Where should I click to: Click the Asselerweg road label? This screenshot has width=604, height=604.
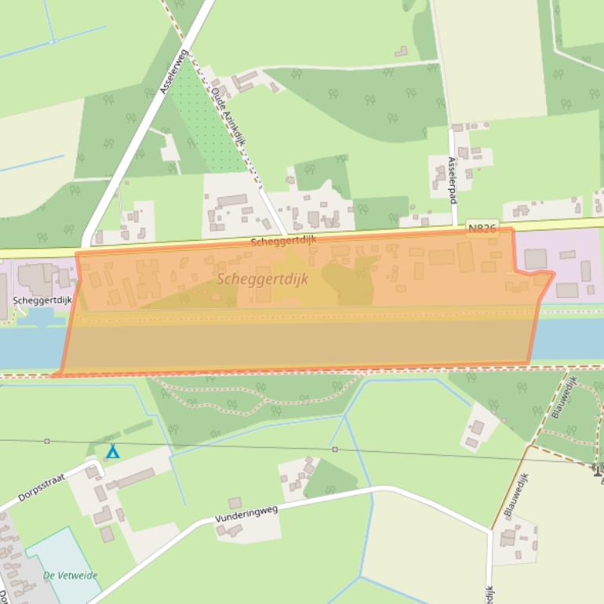174,72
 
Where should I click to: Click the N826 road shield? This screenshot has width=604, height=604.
482,229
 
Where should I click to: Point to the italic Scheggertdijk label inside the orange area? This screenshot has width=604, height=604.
262,278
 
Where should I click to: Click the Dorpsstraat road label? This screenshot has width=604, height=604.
42,488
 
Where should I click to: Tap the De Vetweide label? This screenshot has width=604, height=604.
71,576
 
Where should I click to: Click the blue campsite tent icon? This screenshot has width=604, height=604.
113,453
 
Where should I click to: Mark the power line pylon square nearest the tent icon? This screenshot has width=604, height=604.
47,442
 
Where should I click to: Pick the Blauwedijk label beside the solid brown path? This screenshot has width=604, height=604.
516,494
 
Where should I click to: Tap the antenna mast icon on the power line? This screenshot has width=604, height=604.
598,469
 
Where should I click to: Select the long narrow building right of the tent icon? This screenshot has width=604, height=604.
135,478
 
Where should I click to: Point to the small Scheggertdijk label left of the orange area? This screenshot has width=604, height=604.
42,300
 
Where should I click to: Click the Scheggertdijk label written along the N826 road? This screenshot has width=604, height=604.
283,240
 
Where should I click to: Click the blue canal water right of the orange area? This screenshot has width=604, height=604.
569,338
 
